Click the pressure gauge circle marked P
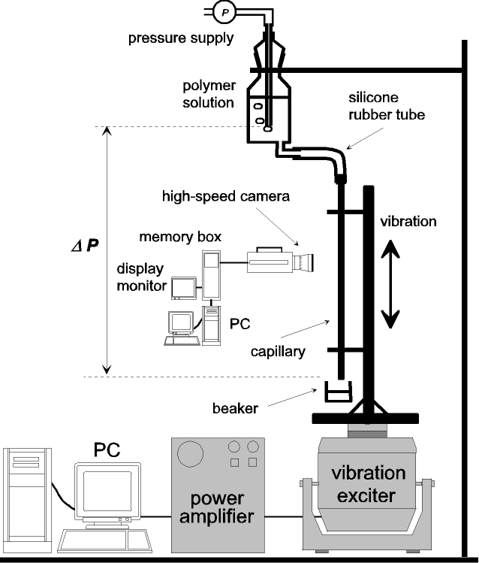[x=224, y=12]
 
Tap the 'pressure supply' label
[x=181, y=38]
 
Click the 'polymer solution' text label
[x=209, y=94]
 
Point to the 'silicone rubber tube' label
[x=387, y=106]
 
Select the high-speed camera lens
[x=303, y=262]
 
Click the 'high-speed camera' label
[x=226, y=196]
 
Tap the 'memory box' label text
[x=180, y=237]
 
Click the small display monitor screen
[x=184, y=288]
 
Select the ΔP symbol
[x=85, y=246]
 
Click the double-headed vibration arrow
[x=390, y=284]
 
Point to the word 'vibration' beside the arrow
[x=408, y=221]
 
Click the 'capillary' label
[x=278, y=352]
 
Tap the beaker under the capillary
[x=338, y=392]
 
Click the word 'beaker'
[x=235, y=409]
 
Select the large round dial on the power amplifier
[x=191, y=454]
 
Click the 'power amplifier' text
[x=217, y=507]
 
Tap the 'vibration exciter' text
[x=368, y=484]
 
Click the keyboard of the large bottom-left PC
[x=104, y=540]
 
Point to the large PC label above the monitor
[x=107, y=449]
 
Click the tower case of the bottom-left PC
[x=27, y=500]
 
